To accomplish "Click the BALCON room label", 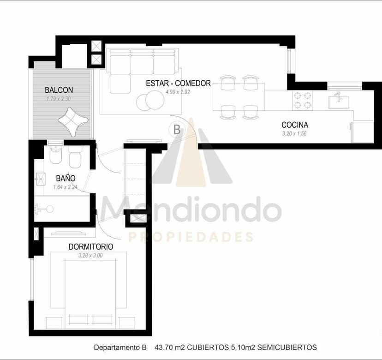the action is [59, 90].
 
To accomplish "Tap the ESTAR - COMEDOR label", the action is [179, 83].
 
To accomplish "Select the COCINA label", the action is [295, 125].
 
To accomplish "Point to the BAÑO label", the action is [66, 178].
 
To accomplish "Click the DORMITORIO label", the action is [91, 246].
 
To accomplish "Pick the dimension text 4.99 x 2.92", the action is [178, 92].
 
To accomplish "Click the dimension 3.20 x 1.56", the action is [294, 133].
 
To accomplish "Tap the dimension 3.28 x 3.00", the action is [90, 255].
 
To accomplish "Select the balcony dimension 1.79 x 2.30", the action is [59, 99].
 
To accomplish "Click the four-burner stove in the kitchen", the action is [303, 100].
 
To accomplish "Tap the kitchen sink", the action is [339, 102].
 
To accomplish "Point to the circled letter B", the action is [177, 130].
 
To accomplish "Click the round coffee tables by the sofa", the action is [150, 100].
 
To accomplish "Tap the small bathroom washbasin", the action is [41, 179].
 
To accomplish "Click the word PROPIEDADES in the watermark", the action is [191, 237].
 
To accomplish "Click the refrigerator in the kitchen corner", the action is [362, 132].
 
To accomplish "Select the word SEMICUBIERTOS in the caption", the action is [287, 347].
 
